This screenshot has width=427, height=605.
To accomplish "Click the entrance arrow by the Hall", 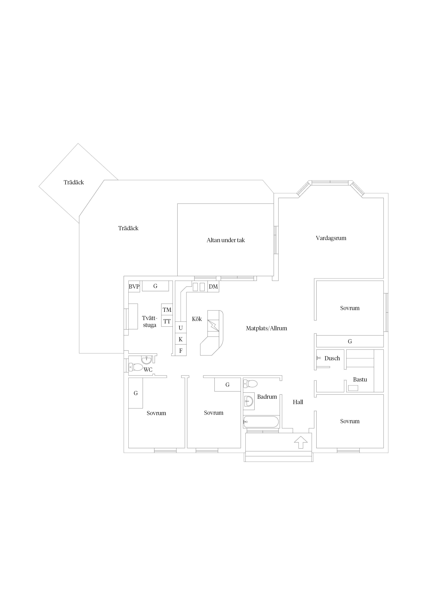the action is (x=301, y=442).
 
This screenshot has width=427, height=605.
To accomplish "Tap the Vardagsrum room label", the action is (x=331, y=238).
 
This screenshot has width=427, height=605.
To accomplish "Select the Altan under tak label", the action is (x=226, y=240).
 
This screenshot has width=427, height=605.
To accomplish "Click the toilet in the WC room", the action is (x=136, y=367).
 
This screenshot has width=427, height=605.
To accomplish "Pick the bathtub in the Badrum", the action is (x=261, y=422).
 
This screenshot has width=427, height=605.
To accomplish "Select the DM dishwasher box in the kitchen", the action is (x=213, y=286).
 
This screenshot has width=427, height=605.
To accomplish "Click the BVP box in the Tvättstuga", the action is (x=134, y=286).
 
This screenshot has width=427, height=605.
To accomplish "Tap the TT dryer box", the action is (x=167, y=321).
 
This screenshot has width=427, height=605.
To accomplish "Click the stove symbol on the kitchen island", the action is (x=213, y=325).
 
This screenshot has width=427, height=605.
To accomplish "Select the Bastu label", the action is (x=360, y=379).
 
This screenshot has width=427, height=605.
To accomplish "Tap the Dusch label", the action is (x=332, y=358).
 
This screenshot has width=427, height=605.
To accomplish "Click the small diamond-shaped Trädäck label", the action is (x=74, y=182).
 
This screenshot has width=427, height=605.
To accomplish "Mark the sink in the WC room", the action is (x=147, y=360).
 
